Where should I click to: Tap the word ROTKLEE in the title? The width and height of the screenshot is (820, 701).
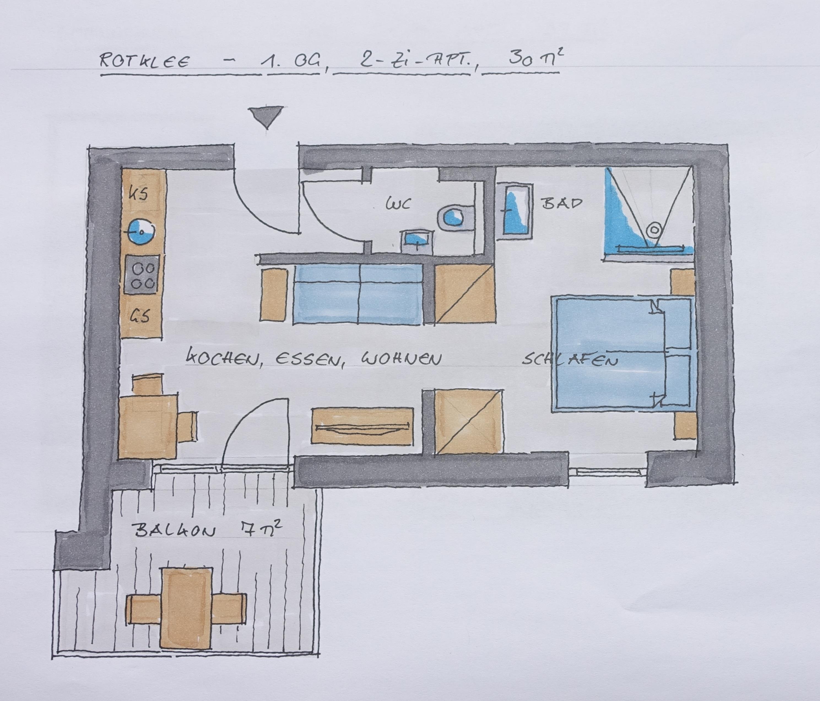[144, 61]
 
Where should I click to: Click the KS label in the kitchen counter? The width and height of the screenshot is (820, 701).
[139, 194]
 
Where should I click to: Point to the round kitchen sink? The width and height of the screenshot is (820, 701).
[140, 232]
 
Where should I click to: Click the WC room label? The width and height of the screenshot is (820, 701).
[398, 204]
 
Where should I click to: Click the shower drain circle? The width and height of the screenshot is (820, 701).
[654, 229]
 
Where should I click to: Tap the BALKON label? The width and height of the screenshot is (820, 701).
[175, 531]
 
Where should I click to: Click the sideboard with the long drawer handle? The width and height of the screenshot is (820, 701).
[362, 426]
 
